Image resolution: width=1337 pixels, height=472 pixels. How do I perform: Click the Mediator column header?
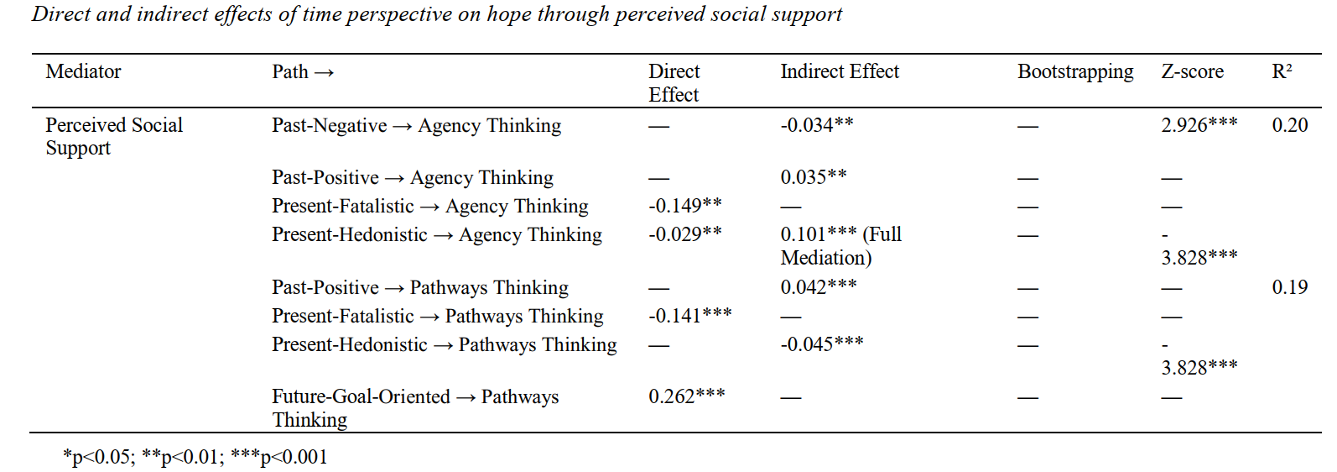pyautogui.click(x=83, y=72)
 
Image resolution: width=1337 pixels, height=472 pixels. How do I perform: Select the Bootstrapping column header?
pyautogui.click(x=1075, y=72)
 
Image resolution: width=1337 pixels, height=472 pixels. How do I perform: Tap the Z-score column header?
pyautogui.click(x=1192, y=72)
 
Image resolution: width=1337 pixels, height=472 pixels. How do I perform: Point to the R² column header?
pyautogui.click(x=1282, y=72)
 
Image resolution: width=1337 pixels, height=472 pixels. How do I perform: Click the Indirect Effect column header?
pyautogui.click(x=840, y=72)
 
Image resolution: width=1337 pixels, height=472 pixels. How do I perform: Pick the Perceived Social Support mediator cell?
pyautogui.click(x=113, y=136)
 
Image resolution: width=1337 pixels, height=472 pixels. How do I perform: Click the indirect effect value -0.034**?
pyautogui.click(x=817, y=125)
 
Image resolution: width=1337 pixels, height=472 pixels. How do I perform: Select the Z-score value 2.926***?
pyautogui.click(x=1199, y=125)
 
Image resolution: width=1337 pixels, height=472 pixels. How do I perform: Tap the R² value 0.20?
pyautogui.click(x=1289, y=125)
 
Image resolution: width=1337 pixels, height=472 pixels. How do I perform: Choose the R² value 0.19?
pyautogui.click(x=1289, y=287)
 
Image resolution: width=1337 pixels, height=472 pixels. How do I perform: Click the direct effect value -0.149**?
pyautogui.click(x=684, y=206)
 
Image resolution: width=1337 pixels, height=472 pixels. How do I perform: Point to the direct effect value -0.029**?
pyautogui.click(x=684, y=234)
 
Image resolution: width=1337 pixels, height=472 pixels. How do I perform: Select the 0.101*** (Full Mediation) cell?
pyautogui.click(x=840, y=246)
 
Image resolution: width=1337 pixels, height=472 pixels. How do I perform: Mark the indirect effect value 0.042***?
pyautogui.click(x=819, y=287)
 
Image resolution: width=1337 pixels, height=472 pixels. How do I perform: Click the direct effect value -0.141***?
pyautogui.click(x=689, y=316)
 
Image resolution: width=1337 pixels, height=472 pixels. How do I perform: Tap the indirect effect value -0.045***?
pyautogui.click(x=822, y=344)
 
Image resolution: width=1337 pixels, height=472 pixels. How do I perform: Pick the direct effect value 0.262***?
pyautogui.click(x=686, y=396)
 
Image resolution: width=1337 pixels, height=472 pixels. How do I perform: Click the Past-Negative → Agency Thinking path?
pyautogui.click(x=416, y=126)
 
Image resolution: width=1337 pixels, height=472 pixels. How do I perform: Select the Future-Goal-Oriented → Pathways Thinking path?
pyautogui.click(x=415, y=408)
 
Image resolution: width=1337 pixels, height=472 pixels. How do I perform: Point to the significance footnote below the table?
pyautogui.click(x=195, y=457)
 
